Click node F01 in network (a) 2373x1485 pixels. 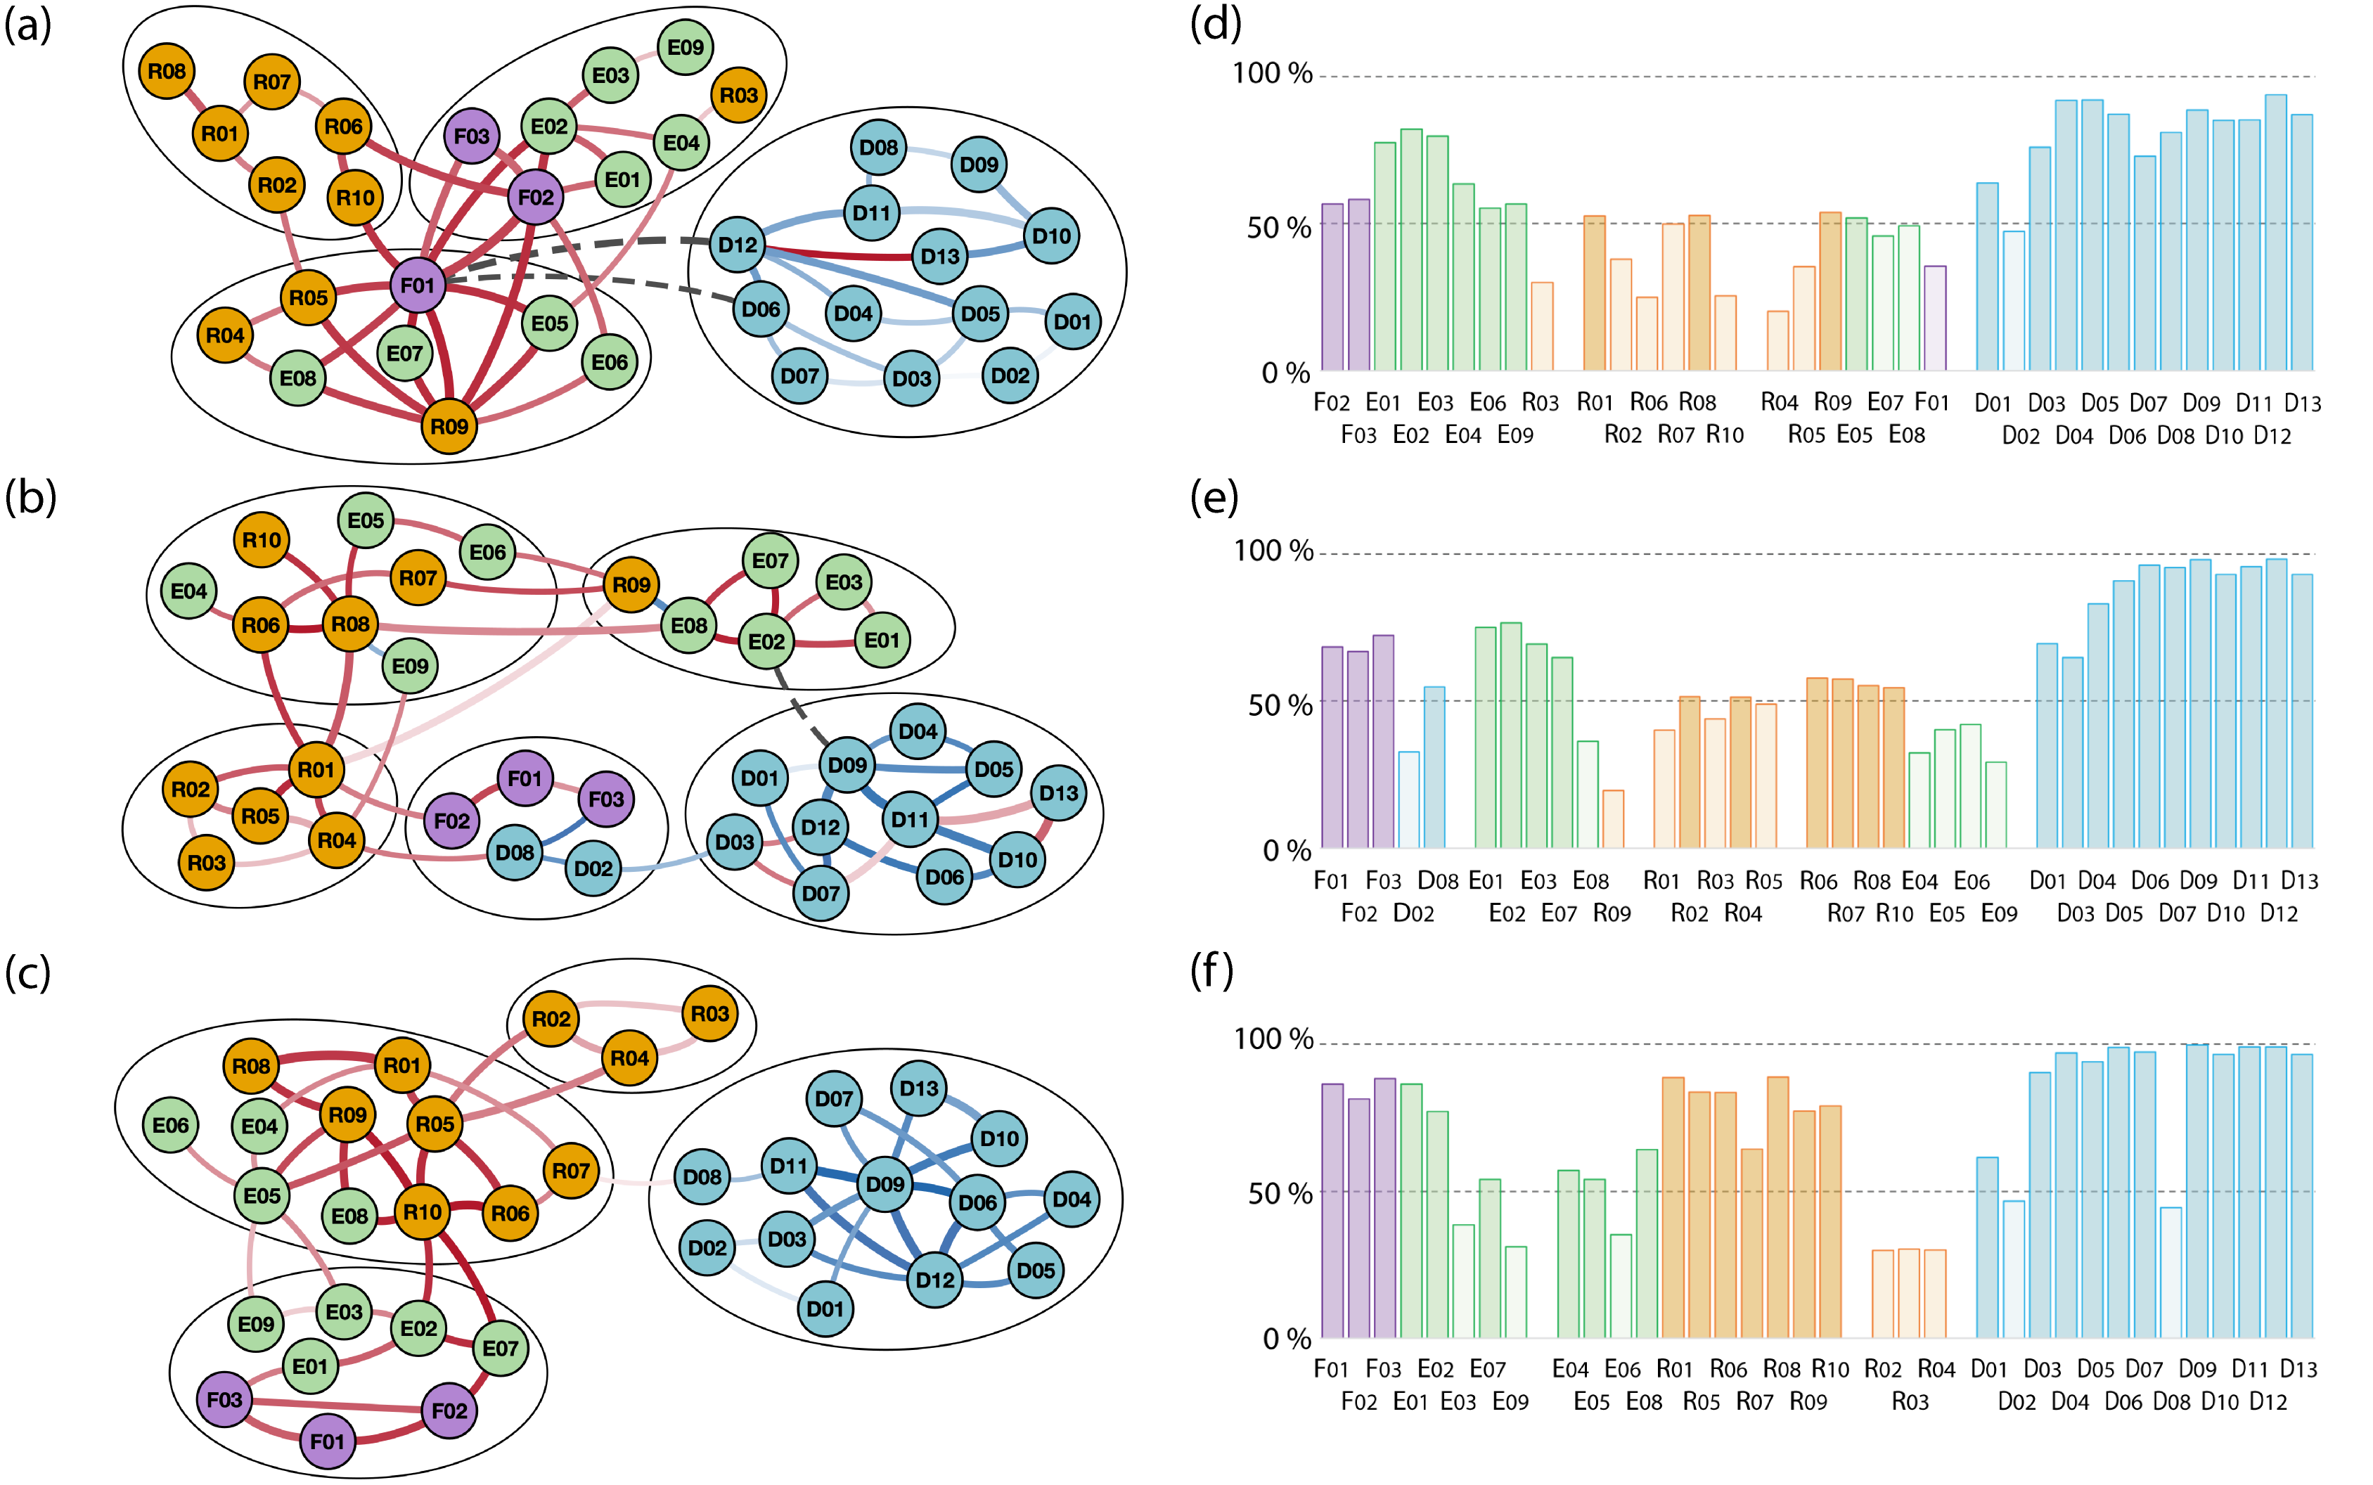point(418,285)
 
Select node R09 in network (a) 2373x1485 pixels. point(449,426)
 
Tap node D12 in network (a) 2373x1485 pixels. point(738,245)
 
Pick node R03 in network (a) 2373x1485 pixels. point(738,95)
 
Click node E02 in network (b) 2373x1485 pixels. point(766,641)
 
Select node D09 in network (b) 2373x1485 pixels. point(848,764)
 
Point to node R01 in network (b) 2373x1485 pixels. point(316,769)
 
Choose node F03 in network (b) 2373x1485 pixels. point(606,799)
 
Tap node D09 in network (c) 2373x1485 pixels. point(884,1183)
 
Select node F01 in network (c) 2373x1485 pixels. point(327,1441)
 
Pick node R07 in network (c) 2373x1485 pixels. point(571,1170)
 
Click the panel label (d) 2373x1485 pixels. point(1215,24)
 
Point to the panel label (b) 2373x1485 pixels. point(30,497)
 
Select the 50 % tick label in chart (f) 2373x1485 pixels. point(1280,1193)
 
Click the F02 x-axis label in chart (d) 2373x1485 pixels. point(1332,403)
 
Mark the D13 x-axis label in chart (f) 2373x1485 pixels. point(2298,1368)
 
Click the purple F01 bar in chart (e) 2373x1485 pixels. point(1332,747)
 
